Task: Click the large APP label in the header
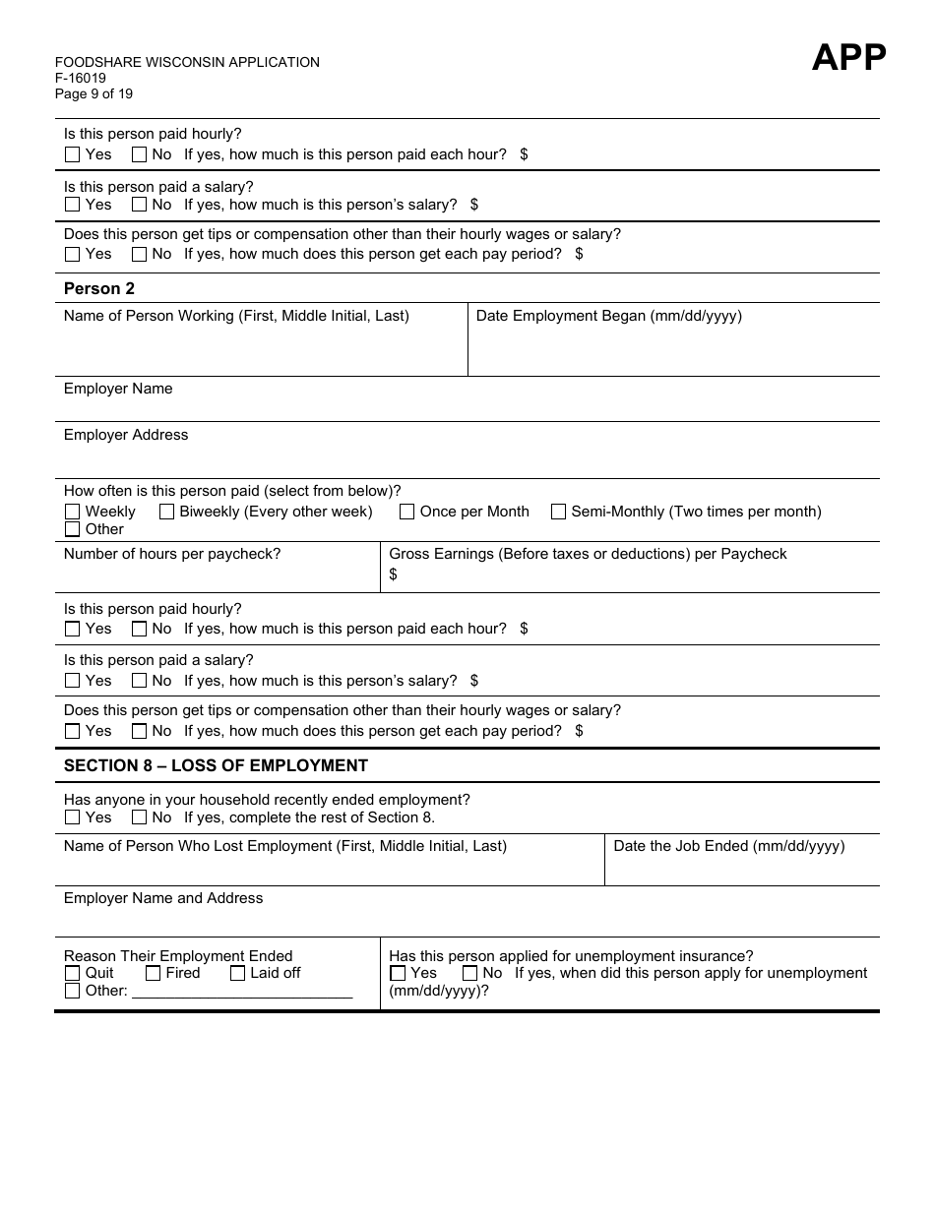tap(848, 58)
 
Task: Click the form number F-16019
tap(81, 79)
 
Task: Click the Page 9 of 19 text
tap(93, 94)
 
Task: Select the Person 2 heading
tap(99, 288)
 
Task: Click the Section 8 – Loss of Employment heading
tap(216, 765)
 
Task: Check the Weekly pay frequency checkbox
tap(73, 512)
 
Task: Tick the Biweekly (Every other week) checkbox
tap(167, 512)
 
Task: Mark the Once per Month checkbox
tap(407, 512)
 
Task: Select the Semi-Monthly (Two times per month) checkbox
tap(559, 512)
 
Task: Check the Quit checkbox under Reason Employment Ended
tap(73, 973)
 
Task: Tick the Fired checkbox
tap(154, 973)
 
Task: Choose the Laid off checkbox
tap(238, 973)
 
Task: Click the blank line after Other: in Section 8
tap(242, 992)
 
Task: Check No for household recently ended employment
tap(140, 817)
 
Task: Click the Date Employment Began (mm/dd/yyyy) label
tap(608, 316)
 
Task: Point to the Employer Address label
tap(126, 435)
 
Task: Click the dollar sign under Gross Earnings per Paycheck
tap(394, 575)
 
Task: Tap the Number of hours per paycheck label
tap(172, 554)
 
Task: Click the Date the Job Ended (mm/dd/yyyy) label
tap(728, 846)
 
